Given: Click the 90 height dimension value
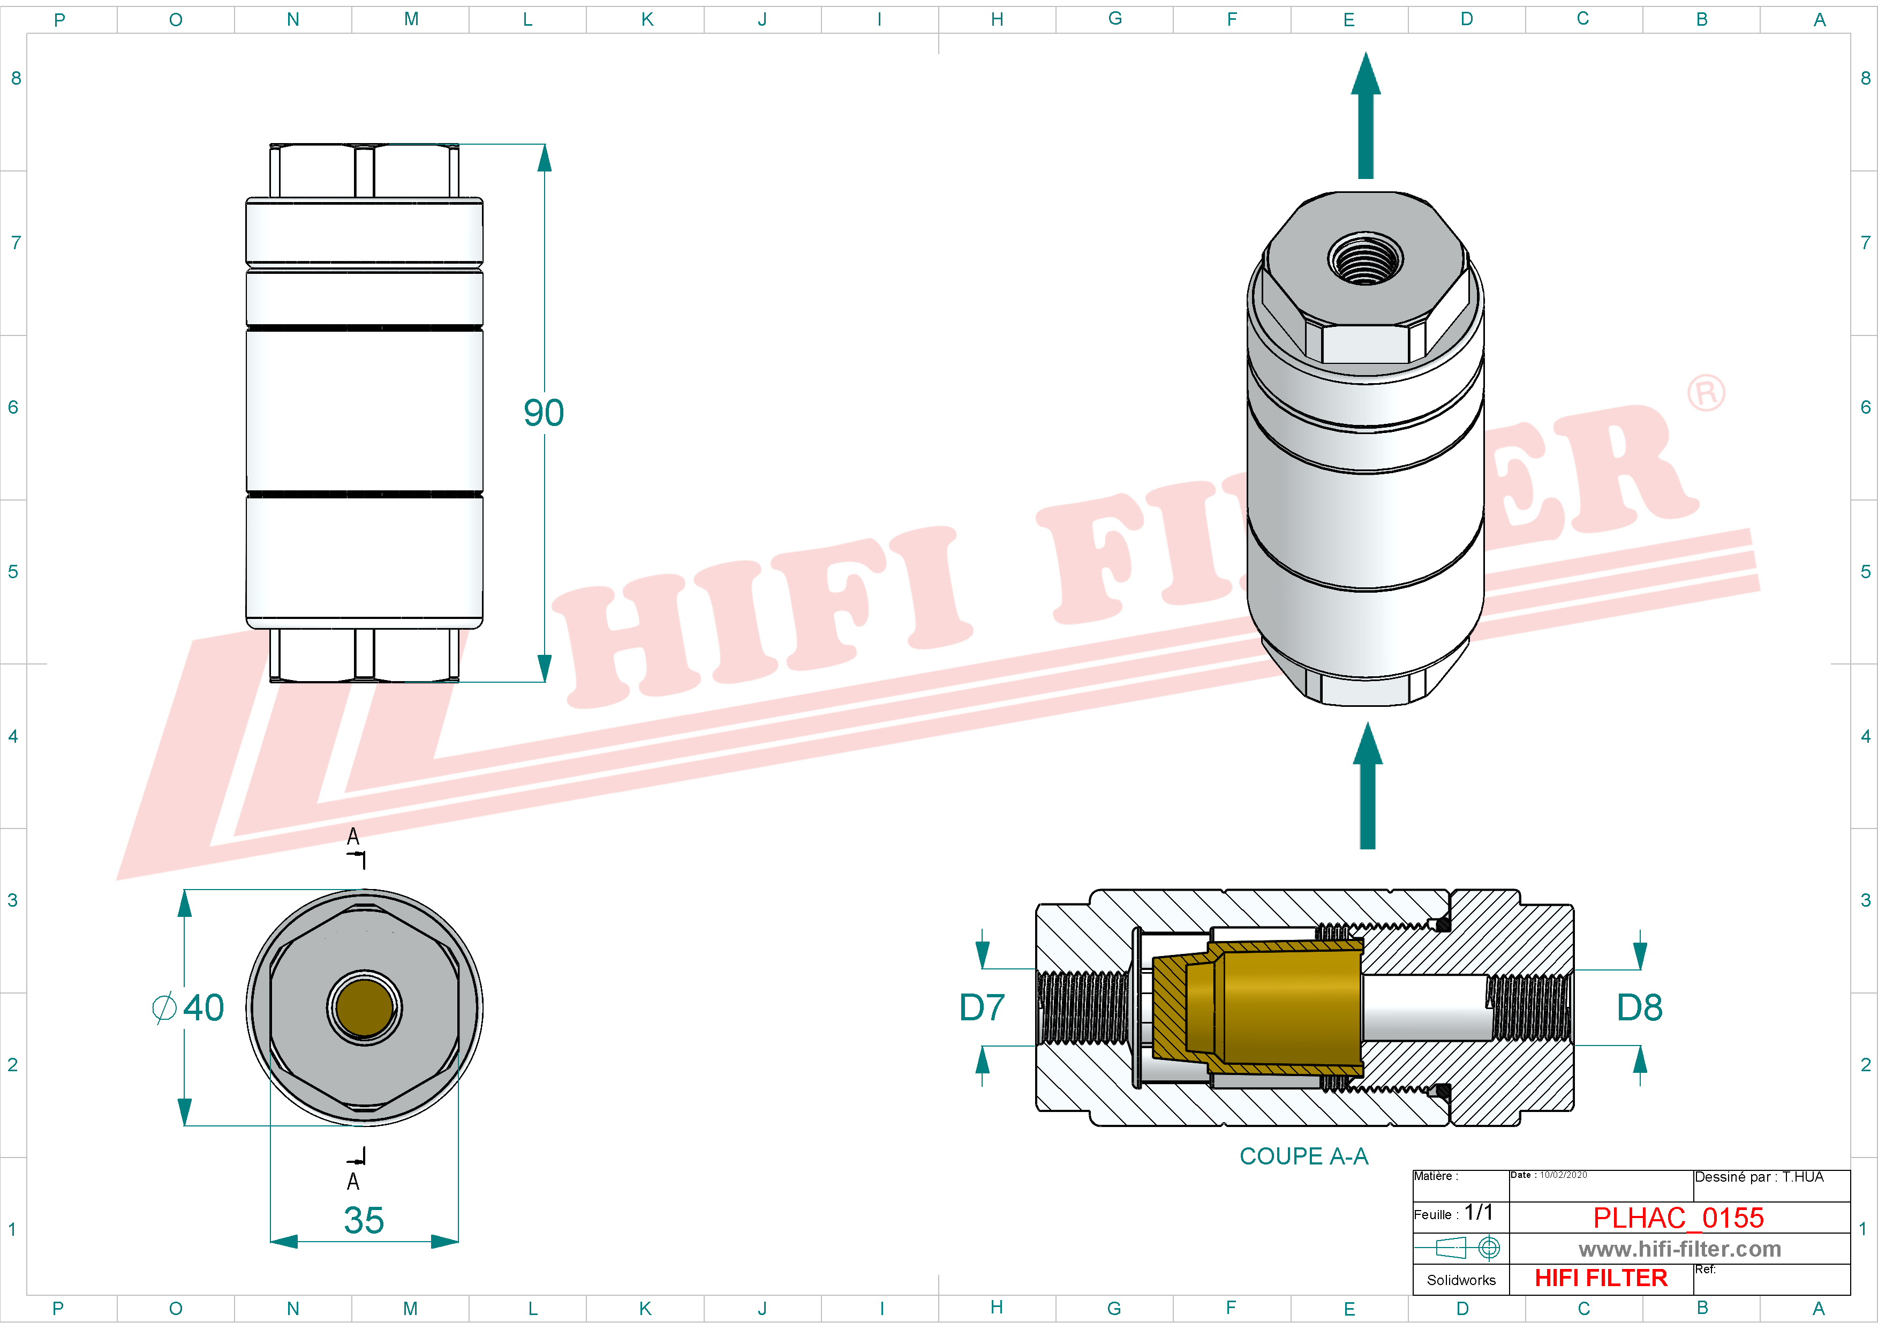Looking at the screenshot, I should point(543,413).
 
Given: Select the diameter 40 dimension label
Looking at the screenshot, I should point(190,1007).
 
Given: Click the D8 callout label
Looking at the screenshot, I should point(1639,1007).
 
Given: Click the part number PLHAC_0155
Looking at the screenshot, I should point(1678,1218).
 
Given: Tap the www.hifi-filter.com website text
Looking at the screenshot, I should point(1679,1249).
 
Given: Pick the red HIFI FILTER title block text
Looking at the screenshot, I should point(1600,1278).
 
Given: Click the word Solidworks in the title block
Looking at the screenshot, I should point(1461,1280).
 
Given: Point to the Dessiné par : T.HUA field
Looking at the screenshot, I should point(1759,1177).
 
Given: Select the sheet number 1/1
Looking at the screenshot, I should point(1478,1212).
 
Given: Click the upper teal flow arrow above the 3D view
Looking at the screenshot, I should point(1365,115).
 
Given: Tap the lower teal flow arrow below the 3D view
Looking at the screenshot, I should point(1367,786).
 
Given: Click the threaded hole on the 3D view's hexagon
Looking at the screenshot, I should point(1365,259).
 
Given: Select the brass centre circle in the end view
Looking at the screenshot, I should point(364,1007).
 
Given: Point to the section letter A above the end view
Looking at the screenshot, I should point(353,835).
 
